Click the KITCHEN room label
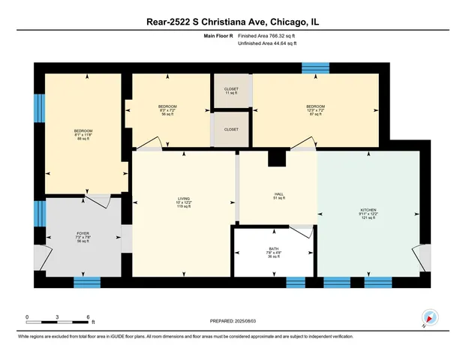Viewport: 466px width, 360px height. coord(368,210)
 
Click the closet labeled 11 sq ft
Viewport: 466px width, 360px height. coord(231,91)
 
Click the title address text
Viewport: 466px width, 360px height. coord(232,22)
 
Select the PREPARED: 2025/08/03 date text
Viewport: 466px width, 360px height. coord(233,321)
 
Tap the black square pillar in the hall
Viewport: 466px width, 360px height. coord(277,158)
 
